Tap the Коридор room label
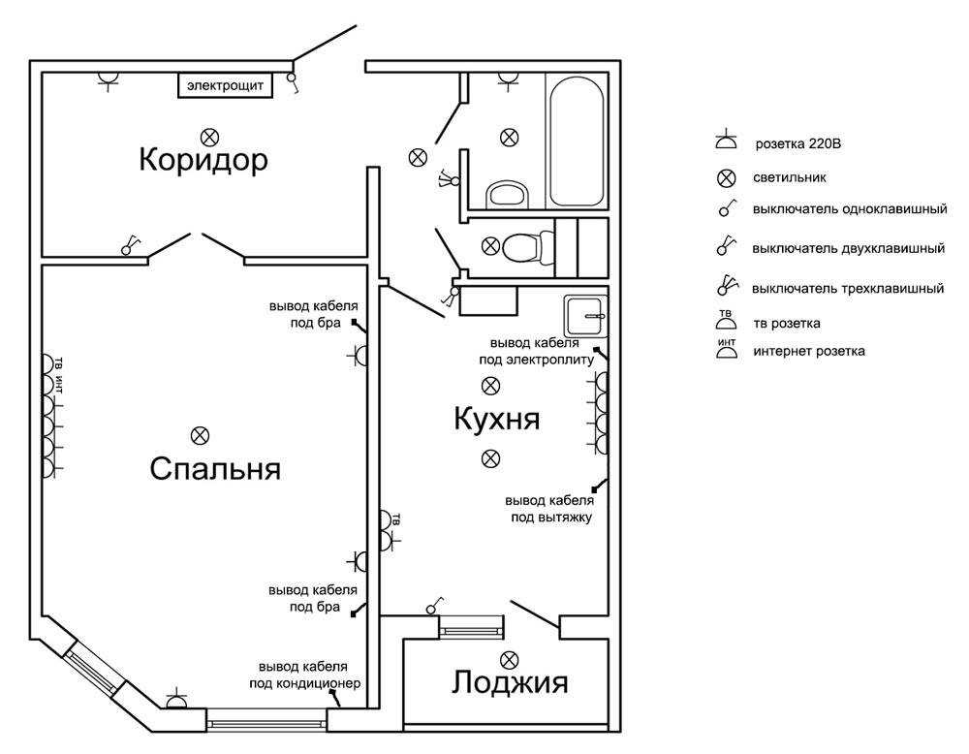(203, 159)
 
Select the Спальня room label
(215, 469)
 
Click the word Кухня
(496, 420)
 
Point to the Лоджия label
(509, 683)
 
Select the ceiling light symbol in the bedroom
(201, 434)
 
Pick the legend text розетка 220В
(795, 144)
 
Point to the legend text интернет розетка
(809, 351)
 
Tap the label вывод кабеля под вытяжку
(548, 509)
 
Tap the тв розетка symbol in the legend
(725, 323)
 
